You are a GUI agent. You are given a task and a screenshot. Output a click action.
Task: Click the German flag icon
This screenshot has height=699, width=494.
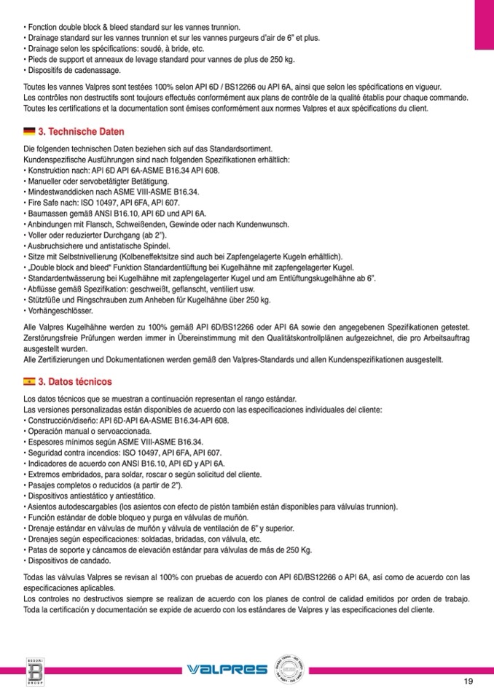point(29,132)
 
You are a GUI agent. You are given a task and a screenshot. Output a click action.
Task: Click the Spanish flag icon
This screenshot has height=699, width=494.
point(29,381)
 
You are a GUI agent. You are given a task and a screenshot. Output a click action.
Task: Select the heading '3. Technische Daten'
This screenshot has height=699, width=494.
point(81,132)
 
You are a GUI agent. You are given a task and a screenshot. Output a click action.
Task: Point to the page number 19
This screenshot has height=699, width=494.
point(468,682)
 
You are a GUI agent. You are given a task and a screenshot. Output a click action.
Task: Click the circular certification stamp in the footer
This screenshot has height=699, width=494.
point(290,669)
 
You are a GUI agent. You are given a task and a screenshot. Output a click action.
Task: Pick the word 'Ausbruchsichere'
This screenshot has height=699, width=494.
point(54,246)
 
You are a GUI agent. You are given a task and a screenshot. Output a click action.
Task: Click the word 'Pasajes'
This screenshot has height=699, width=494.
point(42,485)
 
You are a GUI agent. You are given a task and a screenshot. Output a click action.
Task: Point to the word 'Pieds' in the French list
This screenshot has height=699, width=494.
point(37,60)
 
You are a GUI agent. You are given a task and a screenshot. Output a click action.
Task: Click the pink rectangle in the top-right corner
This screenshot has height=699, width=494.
point(484,25)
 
